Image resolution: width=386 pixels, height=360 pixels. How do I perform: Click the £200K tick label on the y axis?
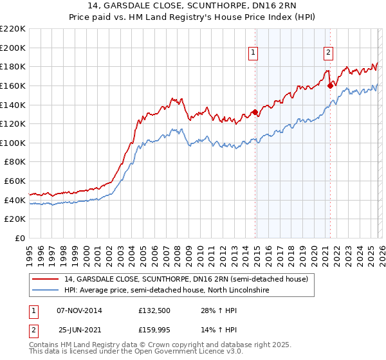tap(13, 48)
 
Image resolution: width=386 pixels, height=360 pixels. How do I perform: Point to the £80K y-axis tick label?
tap(15, 162)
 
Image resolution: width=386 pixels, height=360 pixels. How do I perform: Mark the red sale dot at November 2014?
tap(255, 112)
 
